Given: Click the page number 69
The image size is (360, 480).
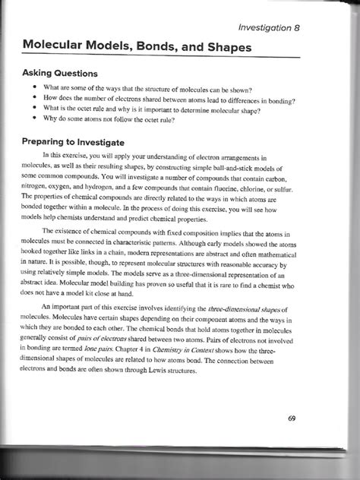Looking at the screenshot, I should pos(292,418).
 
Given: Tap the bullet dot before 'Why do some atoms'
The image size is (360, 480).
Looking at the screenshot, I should pos(36,119).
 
